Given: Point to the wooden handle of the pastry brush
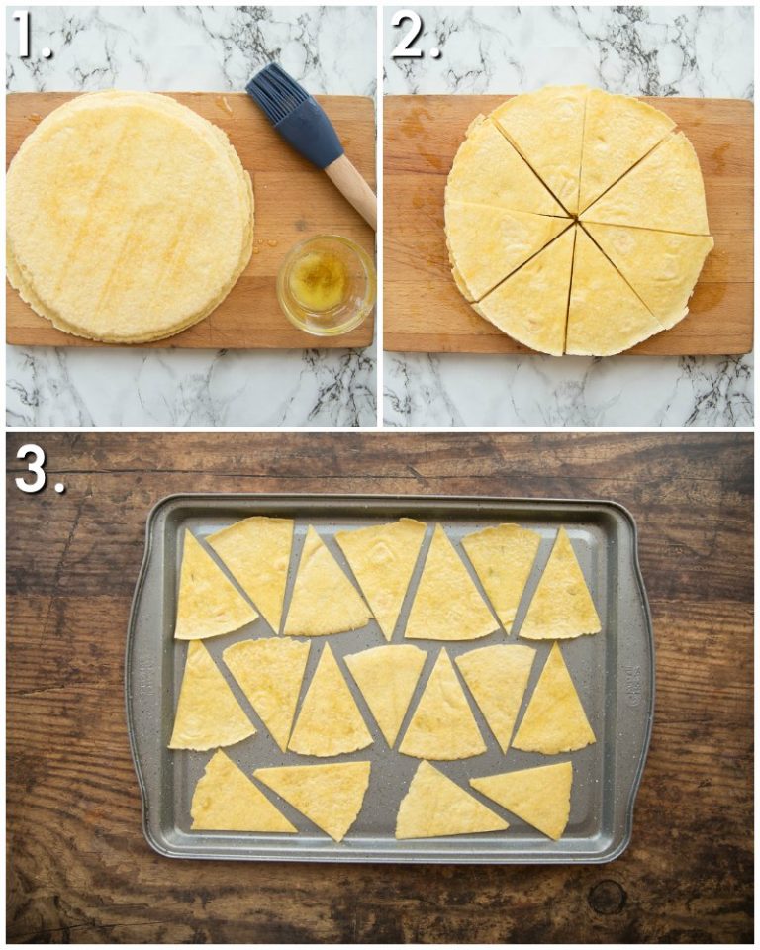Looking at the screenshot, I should point(351,187).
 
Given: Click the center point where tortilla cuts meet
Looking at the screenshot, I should point(576,219).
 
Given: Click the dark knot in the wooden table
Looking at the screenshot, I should point(606,897).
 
